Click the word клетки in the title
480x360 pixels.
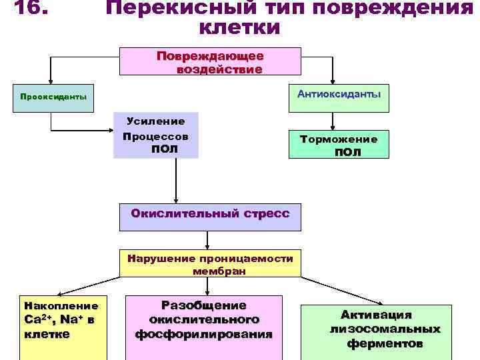[239, 29]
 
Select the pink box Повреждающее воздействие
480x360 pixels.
[209, 62]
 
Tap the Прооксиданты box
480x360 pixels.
[53, 97]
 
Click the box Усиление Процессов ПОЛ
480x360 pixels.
[155, 135]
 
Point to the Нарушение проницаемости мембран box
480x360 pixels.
[209, 264]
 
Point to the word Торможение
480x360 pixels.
[339, 139]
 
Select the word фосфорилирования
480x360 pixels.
[204, 333]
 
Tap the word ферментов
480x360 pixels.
[385, 344]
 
